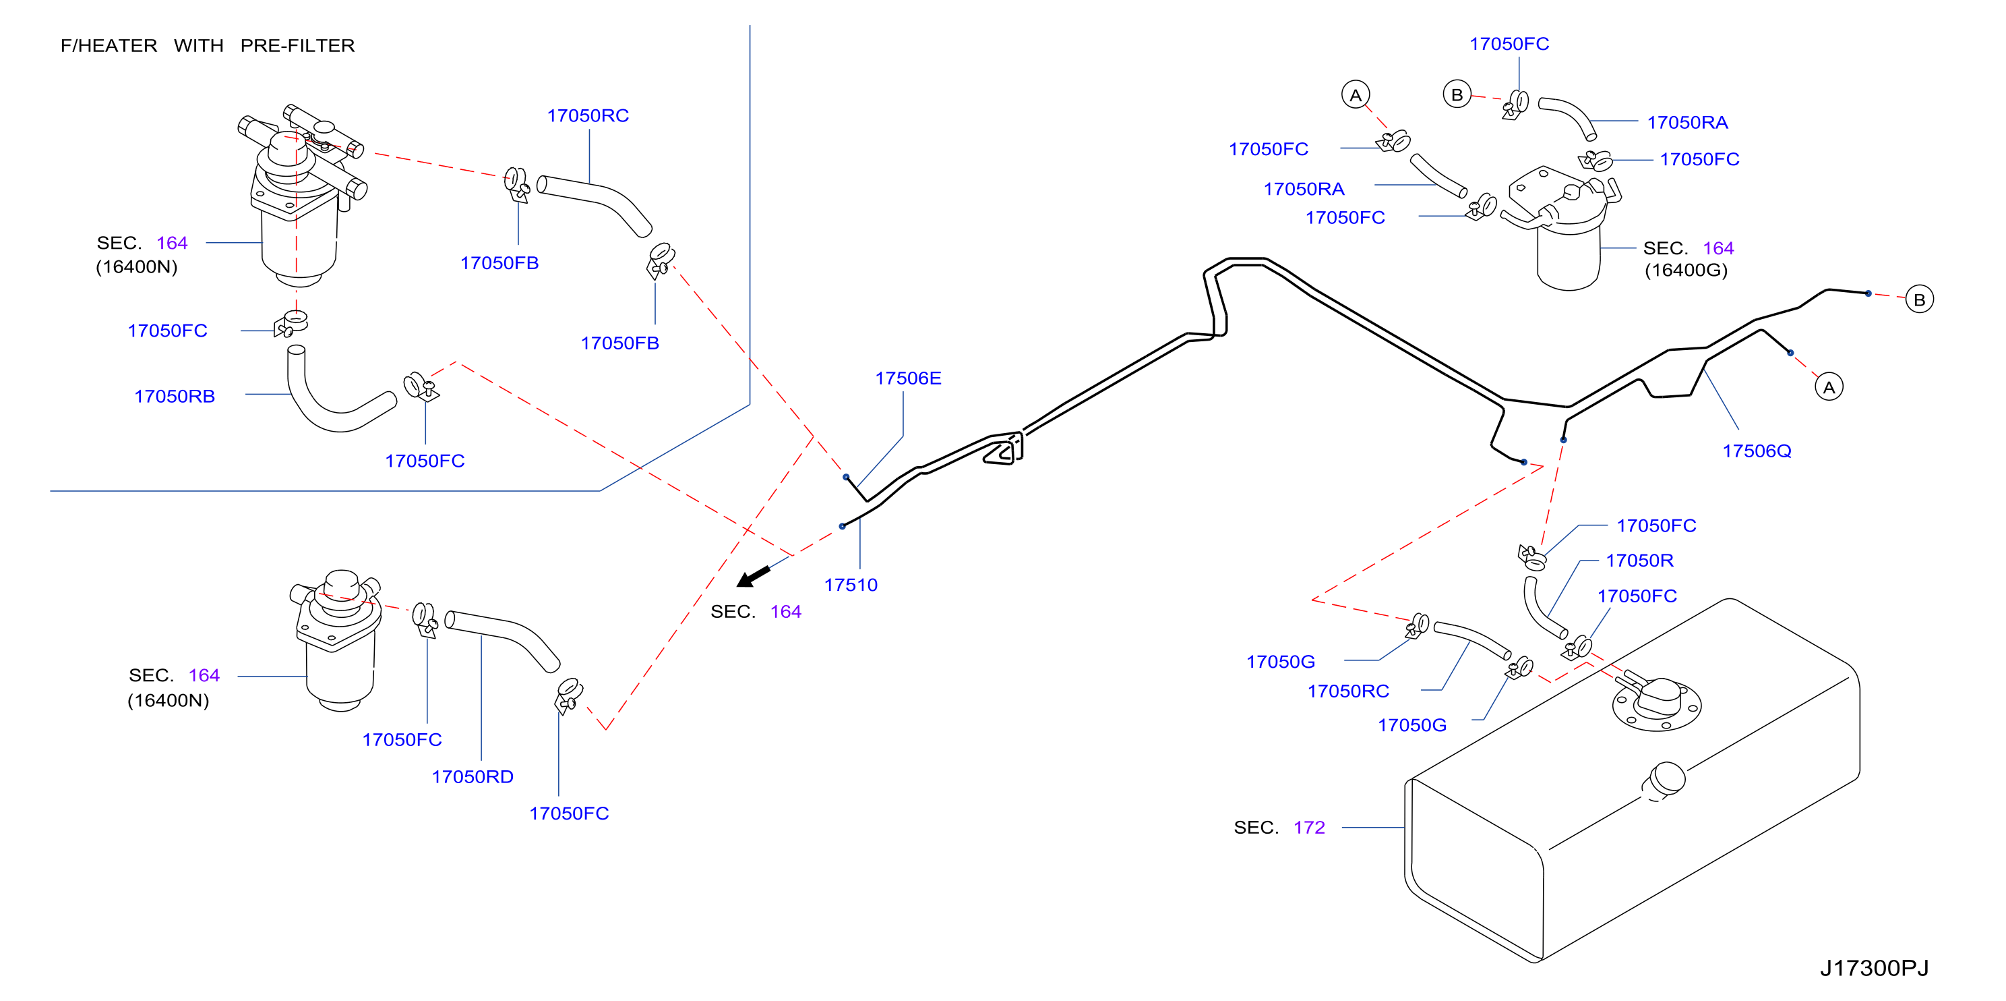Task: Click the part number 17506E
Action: click(908, 378)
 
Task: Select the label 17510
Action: click(851, 585)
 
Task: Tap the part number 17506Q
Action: click(1757, 451)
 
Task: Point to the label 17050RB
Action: click(175, 397)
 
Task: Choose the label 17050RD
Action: click(473, 776)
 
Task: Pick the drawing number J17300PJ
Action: click(1875, 968)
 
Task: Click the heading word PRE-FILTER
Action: click(297, 46)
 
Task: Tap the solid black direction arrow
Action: click(753, 577)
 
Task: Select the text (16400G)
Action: click(1686, 270)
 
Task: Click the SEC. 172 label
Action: click(1279, 827)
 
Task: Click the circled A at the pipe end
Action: click(1829, 387)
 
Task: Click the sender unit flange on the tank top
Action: click(1656, 704)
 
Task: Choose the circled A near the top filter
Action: click(1356, 95)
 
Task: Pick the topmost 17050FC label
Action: click(1509, 45)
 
